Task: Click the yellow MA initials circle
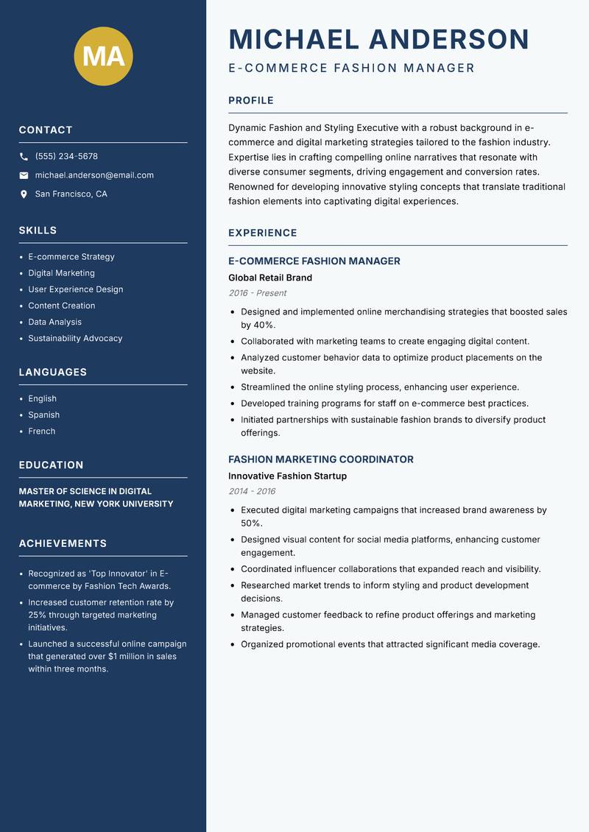tap(103, 56)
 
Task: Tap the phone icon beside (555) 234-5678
tap(24, 157)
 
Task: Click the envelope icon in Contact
tap(24, 175)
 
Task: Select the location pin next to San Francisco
tap(24, 194)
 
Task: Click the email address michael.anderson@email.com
tap(94, 175)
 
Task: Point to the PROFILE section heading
tap(251, 101)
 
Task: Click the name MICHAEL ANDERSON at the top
tap(379, 39)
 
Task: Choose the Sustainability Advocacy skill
tap(75, 339)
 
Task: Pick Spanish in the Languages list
tap(43, 415)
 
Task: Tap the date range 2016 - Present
tap(257, 293)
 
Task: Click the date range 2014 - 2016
tap(252, 491)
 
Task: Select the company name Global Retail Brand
tap(270, 278)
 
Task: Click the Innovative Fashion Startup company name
tap(287, 476)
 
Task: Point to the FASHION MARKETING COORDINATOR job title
tap(321, 459)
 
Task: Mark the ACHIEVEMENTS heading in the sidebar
tap(63, 543)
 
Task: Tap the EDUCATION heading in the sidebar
tap(51, 465)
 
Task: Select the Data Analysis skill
tap(54, 322)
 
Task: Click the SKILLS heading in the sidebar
tap(38, 230)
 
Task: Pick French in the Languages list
tap(41, 431)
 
